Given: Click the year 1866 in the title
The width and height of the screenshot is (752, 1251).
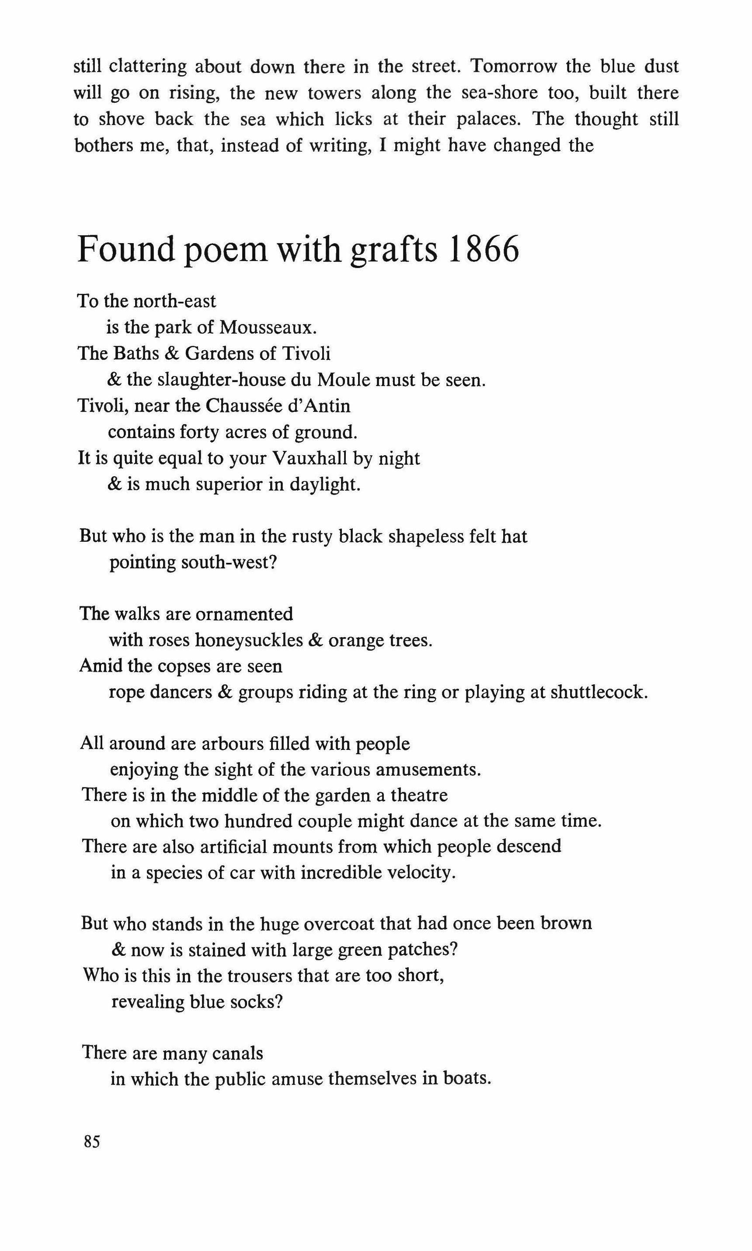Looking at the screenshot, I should [484, 250].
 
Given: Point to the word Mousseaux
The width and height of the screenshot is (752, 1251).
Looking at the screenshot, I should [268, 328].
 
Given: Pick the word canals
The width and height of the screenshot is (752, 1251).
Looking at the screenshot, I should [237, 1053].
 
